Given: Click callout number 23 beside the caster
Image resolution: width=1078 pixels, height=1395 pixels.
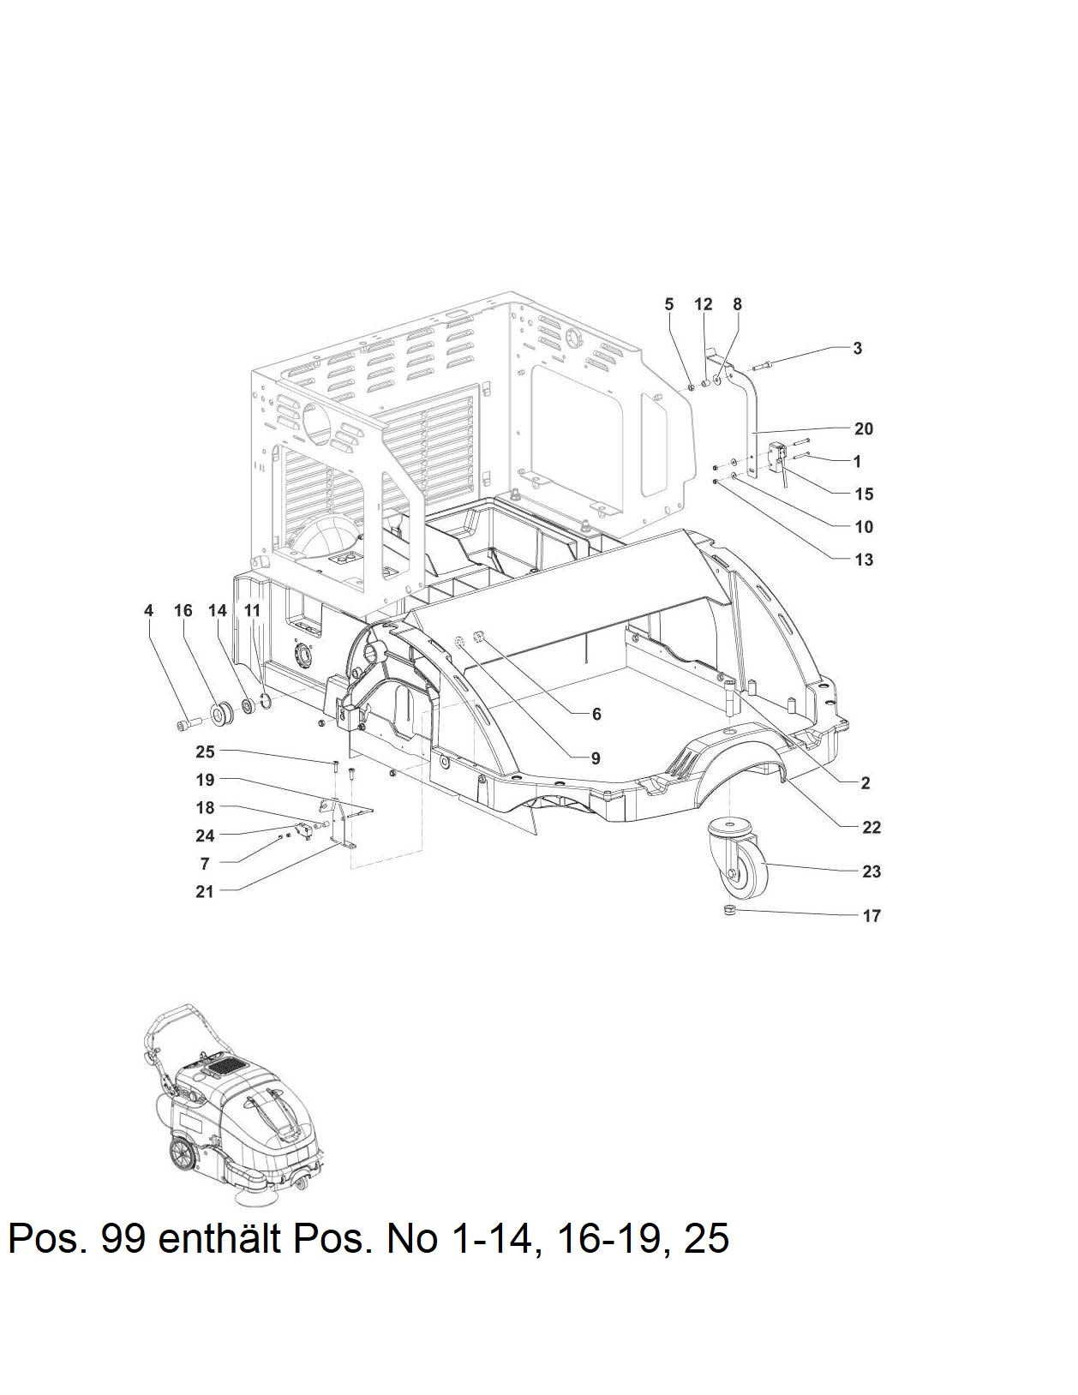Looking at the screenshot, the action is pos(871,871).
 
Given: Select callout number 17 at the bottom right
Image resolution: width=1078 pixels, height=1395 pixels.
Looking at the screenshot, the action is pos(871,915).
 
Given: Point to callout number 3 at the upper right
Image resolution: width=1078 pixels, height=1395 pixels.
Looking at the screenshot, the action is pos(857,348).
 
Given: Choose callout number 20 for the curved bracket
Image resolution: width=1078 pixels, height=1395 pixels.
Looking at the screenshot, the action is pos(864,428).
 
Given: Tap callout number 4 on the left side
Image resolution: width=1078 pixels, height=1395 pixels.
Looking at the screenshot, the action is pos(149,610).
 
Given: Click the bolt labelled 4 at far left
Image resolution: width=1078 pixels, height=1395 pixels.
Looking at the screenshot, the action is pos(189,723).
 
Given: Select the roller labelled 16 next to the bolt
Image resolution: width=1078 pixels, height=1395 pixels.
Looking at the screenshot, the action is pos(222,713).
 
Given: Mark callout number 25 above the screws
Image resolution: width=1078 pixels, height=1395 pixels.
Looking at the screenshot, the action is pos(205,751).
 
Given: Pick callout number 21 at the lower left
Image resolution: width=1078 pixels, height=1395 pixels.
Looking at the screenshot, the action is pos(204,891).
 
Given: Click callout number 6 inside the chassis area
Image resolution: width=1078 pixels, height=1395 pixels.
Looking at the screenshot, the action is pos(596,714).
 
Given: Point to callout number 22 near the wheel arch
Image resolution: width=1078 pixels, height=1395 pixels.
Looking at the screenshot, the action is pos(871,827).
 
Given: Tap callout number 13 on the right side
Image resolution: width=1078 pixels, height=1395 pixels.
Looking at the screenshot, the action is pos(864,560).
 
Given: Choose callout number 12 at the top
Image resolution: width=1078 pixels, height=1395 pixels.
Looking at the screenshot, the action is pos(703,304).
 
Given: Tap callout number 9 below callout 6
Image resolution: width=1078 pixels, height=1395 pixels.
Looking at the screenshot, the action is pos(596,758).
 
